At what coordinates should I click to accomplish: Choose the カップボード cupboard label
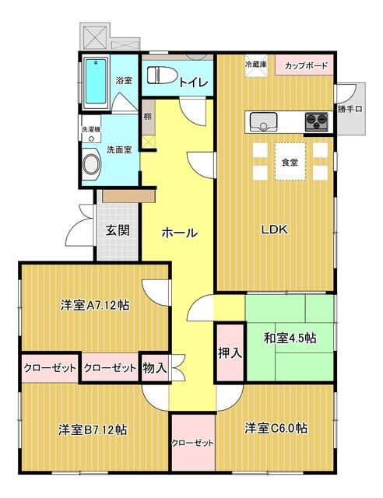tap(304, 65)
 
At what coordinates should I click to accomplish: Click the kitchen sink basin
tap(262, 121)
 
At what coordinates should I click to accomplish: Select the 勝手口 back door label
tap(350, 109)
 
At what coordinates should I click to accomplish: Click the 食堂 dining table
tap(290, 163)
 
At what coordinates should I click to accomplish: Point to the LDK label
tap(274, 230)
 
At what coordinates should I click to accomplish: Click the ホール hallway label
tap(179, 233)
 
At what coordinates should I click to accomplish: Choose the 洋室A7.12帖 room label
tap(95, 305)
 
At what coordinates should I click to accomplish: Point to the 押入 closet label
tap(230, 352)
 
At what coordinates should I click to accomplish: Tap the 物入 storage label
tap(155, 368)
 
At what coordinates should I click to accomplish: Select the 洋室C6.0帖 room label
tap(276, 427)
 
